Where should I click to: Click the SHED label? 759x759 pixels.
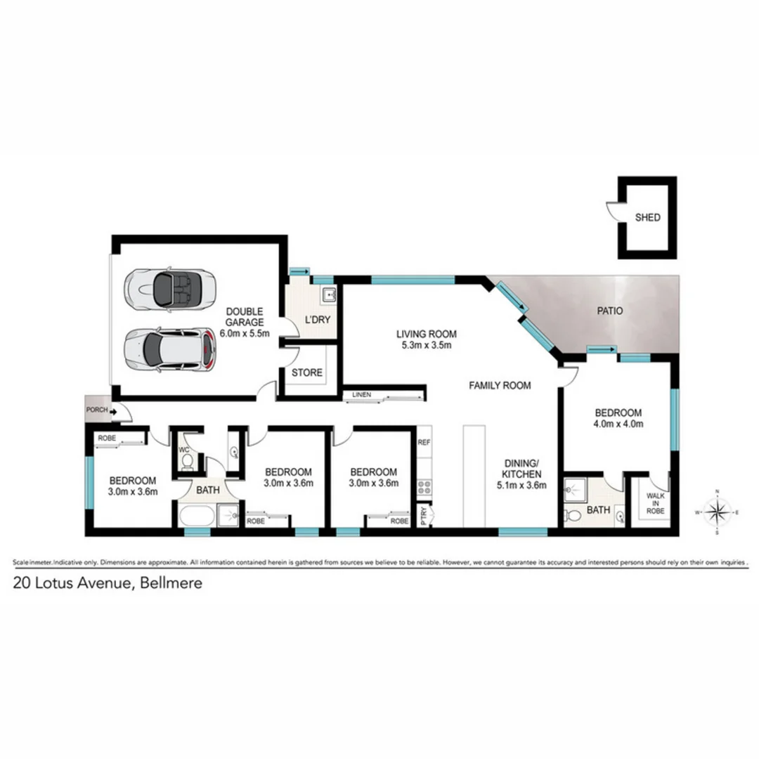point(647,218)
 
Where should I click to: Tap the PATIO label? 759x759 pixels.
point(609,310)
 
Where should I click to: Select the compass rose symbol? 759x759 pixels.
point(716,512)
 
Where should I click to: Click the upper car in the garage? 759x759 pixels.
point(164,287)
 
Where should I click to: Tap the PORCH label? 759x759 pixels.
point(96,410)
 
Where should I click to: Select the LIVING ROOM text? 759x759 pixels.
point(427,334)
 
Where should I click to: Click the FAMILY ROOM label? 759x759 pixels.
point(500,385)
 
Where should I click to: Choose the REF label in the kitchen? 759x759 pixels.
point(424,443)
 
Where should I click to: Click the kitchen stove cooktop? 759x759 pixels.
point(424,486)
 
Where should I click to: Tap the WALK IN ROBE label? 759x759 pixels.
point(655,504)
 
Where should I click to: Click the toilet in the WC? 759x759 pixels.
point(187,461)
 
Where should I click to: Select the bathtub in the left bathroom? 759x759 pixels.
point(195,517)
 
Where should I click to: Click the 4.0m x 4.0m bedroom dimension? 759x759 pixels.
point(619,424)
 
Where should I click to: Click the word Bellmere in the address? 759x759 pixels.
point(171,583)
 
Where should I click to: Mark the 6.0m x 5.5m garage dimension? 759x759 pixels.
point(245,333)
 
